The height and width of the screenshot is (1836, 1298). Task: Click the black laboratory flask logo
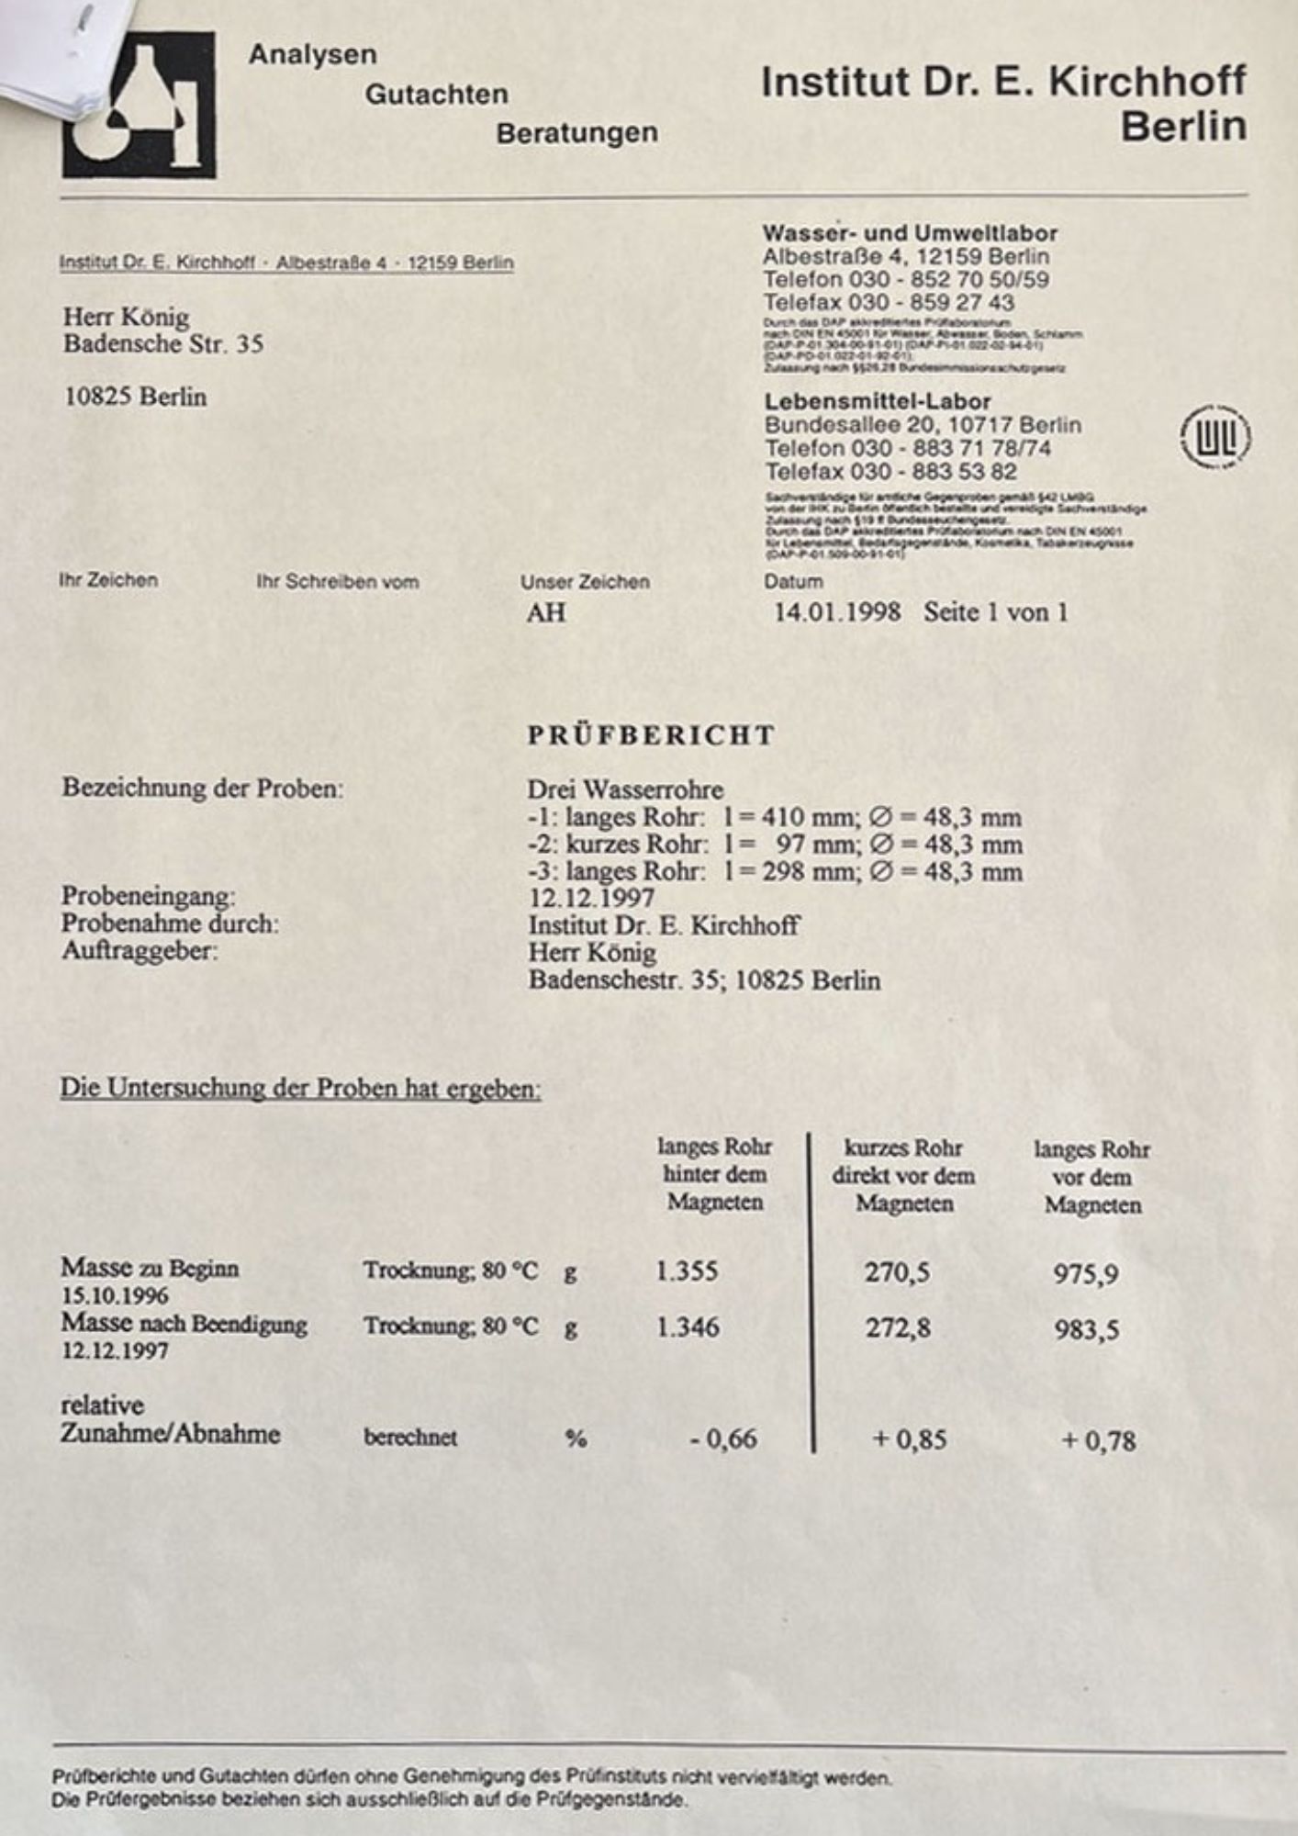point(140,105)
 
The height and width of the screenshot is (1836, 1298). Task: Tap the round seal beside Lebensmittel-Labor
point(1214,438)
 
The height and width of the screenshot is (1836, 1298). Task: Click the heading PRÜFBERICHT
point(651,735)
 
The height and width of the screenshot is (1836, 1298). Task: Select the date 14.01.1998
point(837,612)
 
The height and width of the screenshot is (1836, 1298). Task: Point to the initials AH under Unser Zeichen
point(546,613)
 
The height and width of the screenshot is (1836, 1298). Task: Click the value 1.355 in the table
point(687,1271)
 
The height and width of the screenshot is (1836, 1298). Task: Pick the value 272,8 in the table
point(898,1327)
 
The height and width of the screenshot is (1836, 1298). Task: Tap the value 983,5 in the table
point(1086,1330)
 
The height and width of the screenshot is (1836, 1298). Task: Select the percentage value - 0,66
point(723,1439)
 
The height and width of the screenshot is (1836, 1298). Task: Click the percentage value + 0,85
point(909,1439)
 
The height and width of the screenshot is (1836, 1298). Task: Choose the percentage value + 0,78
point(1098,1440)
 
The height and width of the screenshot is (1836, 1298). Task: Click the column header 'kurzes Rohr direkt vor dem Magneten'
point(903,1175)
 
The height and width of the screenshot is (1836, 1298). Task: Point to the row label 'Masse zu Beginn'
point(150,1268)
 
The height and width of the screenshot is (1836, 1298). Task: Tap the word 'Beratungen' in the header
point(576,133)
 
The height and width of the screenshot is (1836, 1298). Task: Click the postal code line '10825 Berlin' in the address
point(136,397)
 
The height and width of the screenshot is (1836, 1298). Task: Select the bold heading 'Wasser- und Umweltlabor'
point(909,233)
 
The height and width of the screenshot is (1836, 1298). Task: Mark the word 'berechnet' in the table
point(409,1438)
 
